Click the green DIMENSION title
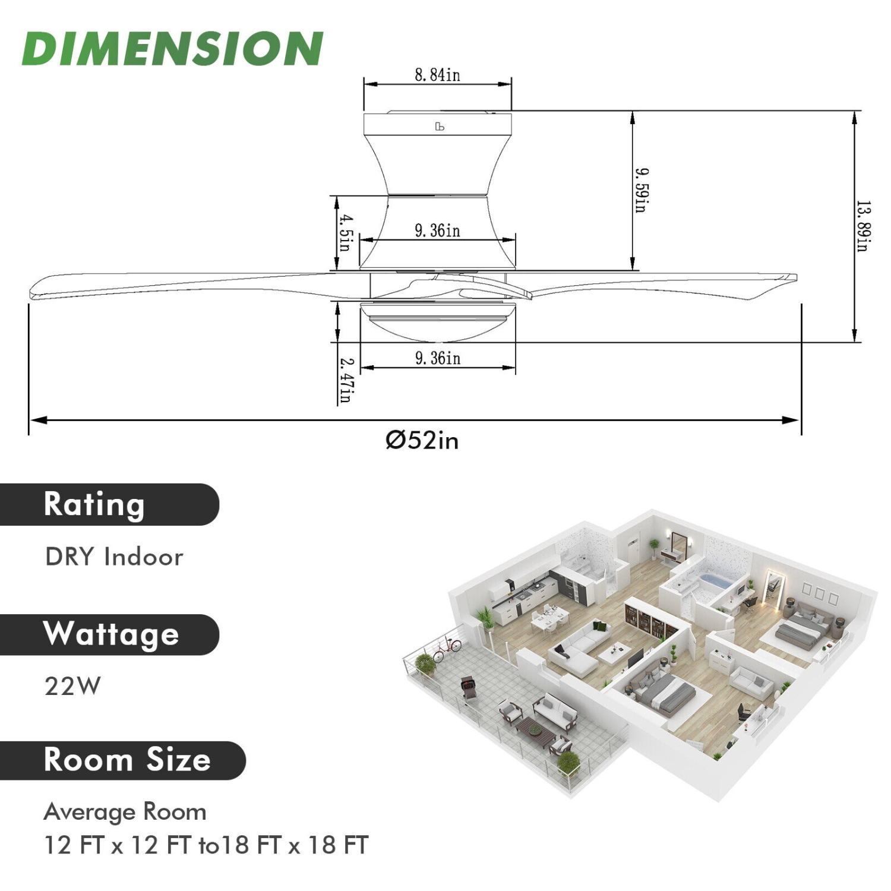click(x=172, y=49)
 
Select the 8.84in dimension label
click(x=437, y=75)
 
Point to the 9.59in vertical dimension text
click(x=642, y=190)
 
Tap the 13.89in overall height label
click(x=864, y=226)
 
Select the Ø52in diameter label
click(x=422, y=441)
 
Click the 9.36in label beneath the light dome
click(x=437, y=358)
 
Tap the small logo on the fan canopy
click(x=440, y=127)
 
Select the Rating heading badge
click(x=107, y=504)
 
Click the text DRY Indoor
click(x=114, y=557)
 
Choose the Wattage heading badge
click(x=110, y=634)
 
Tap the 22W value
click(x=72, y=687)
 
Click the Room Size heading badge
click(x=122, y=760)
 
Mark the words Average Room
click(x=125, y=812)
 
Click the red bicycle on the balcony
click(x=447, y=649)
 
